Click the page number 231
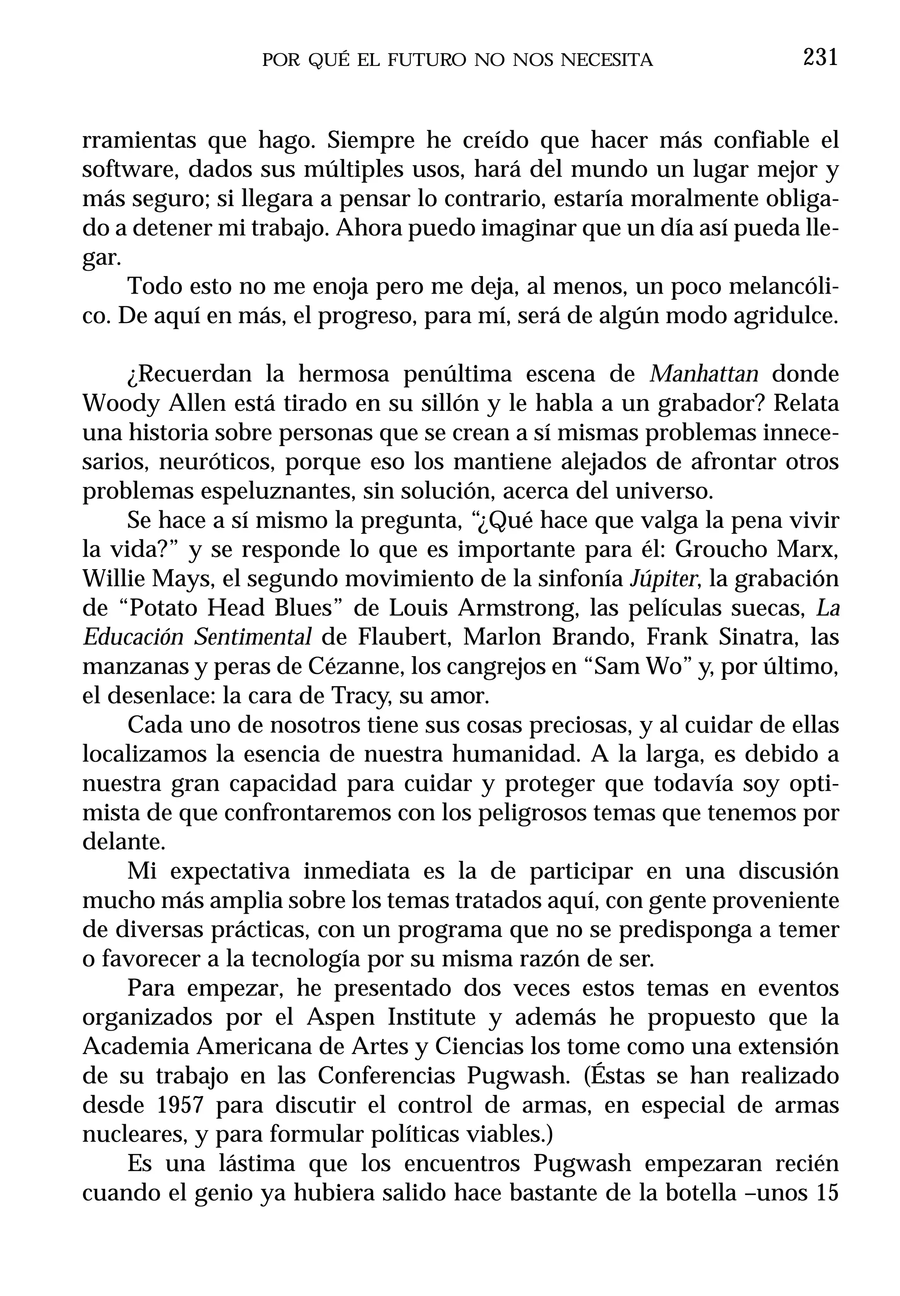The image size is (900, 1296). point(820,58)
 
